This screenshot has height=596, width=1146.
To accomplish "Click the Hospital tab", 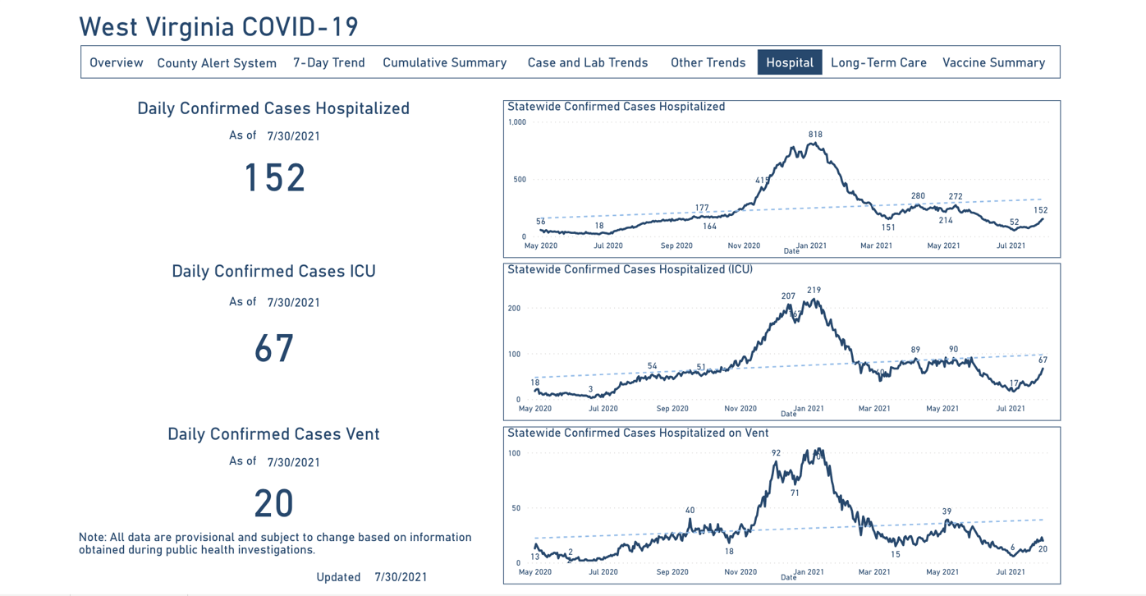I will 789,62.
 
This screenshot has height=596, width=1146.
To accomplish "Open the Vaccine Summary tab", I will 993,62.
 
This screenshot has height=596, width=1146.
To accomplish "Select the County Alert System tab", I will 217,63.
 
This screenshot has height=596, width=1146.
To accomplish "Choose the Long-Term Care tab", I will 878,62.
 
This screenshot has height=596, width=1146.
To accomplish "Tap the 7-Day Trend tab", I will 329,62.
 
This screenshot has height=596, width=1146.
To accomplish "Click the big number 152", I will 274,177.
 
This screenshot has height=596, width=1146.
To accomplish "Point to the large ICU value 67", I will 274,348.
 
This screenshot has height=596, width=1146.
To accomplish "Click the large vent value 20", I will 274,503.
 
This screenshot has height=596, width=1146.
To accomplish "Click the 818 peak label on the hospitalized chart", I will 815,135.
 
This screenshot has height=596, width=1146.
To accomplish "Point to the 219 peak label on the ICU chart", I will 814,291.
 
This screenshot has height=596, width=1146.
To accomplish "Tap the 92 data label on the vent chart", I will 776,452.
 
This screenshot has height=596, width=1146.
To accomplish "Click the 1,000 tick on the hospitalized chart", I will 516,122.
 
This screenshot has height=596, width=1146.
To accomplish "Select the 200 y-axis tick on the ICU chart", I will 514,309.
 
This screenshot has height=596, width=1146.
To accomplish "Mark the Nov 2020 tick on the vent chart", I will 740,571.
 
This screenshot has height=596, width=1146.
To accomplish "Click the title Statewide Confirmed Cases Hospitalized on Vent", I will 638,433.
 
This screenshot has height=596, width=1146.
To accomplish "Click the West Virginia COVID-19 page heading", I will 218,26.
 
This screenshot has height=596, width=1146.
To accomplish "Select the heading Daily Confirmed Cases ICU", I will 273,271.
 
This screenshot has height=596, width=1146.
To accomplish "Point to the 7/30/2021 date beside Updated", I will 401,577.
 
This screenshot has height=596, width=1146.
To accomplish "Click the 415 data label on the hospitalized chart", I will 763,181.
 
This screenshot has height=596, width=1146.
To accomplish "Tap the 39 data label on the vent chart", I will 947,511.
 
